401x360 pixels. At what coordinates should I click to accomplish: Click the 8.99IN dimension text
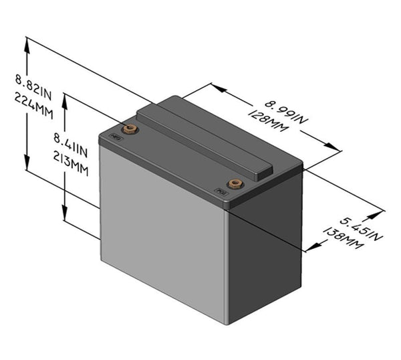click(x=286, y=112)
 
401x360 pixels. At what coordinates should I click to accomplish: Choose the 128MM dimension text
click(x=275, y=124)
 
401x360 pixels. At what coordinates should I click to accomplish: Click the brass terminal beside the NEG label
click(x=130, y=128)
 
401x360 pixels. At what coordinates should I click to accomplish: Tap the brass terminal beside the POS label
click(x=233, y=184)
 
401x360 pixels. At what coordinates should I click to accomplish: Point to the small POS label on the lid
click(x=221, y=194)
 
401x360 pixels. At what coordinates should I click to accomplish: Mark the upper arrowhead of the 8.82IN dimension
click(x=27, y=43)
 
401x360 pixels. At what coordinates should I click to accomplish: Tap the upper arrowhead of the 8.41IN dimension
click(x=65, y=98)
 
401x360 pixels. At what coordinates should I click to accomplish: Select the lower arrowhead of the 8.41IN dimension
click(x=65, y=217)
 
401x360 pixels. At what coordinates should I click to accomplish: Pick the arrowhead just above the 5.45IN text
click(x=380, y=213)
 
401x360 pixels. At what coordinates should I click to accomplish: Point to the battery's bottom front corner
click(x=227, y=324)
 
